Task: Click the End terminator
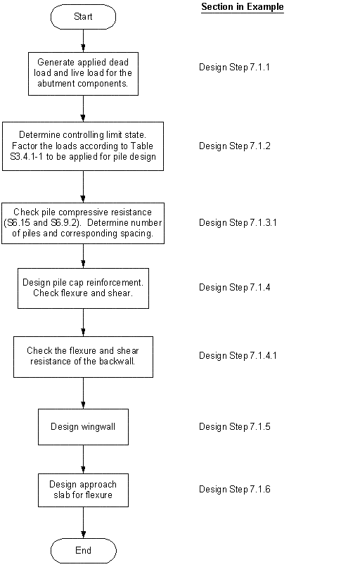coord(84,550)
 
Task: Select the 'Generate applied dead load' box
coord(83,74)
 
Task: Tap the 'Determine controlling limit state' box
coord(83,146)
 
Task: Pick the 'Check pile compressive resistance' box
coord(83,223)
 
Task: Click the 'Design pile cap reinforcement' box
coord(83,288)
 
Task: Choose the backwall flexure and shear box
coord(83,356)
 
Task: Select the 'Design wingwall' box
coord(83,426)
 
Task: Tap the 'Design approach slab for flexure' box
coord(83,490)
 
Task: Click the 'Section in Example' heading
coord(243,7)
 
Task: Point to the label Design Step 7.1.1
coord(234,68)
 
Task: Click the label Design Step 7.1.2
coord(234,146)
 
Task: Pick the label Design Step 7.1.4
coord(234,287)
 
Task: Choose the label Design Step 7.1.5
coord(234,426)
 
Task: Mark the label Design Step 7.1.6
coord(234,489)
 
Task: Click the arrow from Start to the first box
coord(84,41)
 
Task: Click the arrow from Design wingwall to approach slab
coord(84,459)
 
